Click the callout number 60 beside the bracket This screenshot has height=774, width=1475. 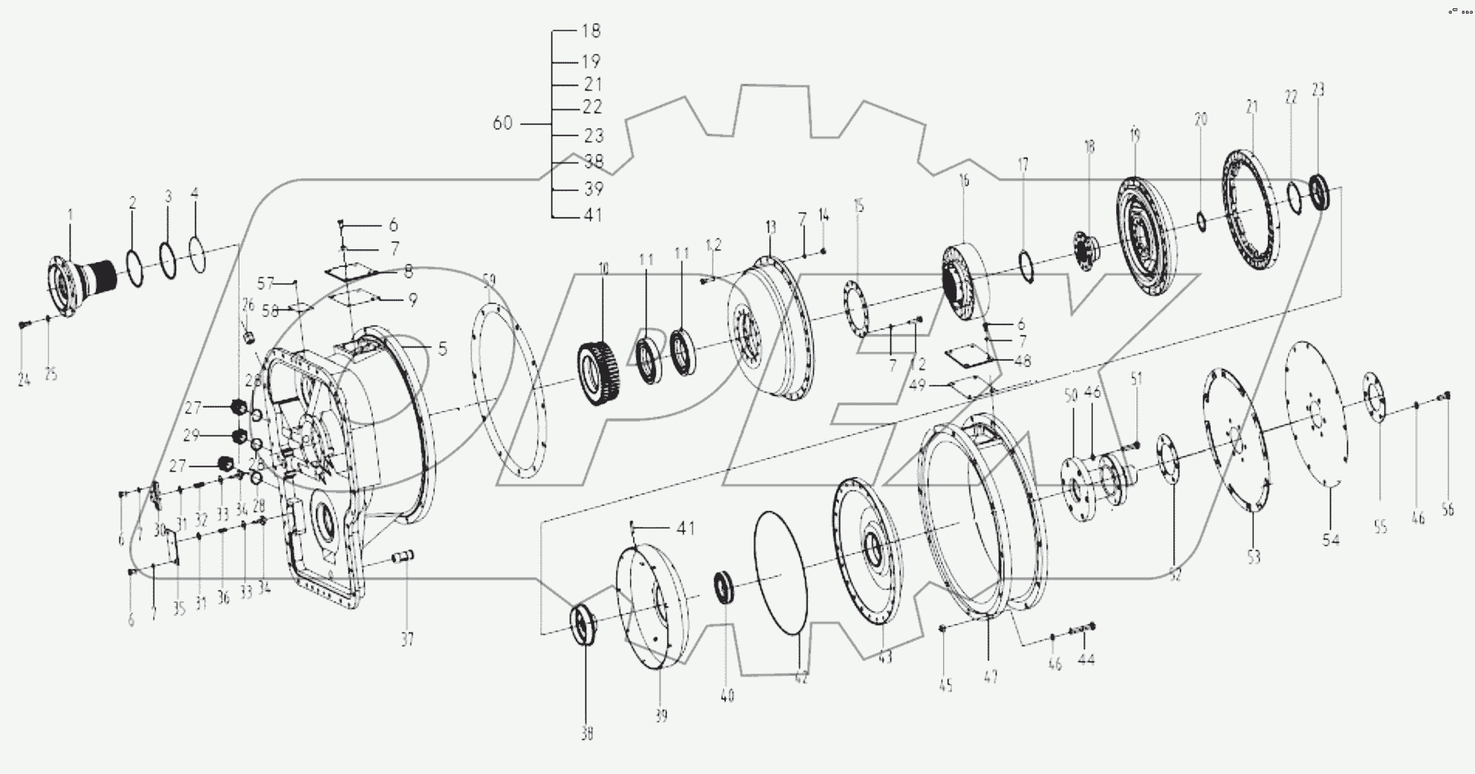point(502,122)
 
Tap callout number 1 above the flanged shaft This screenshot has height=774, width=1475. point(70,215)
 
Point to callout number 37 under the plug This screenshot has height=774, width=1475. point(407,639)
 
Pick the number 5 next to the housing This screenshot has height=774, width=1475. point(443,348)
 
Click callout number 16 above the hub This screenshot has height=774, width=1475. point(963,181)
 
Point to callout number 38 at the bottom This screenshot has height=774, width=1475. point(587,732)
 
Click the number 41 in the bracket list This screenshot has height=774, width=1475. point(593,215)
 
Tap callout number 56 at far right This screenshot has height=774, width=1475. point(1447,510)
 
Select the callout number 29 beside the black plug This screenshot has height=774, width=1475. point(192,436)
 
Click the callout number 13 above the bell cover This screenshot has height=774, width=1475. point(770,226)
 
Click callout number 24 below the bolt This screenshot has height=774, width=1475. point(24,380)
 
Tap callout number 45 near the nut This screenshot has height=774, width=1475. point(945,686)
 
